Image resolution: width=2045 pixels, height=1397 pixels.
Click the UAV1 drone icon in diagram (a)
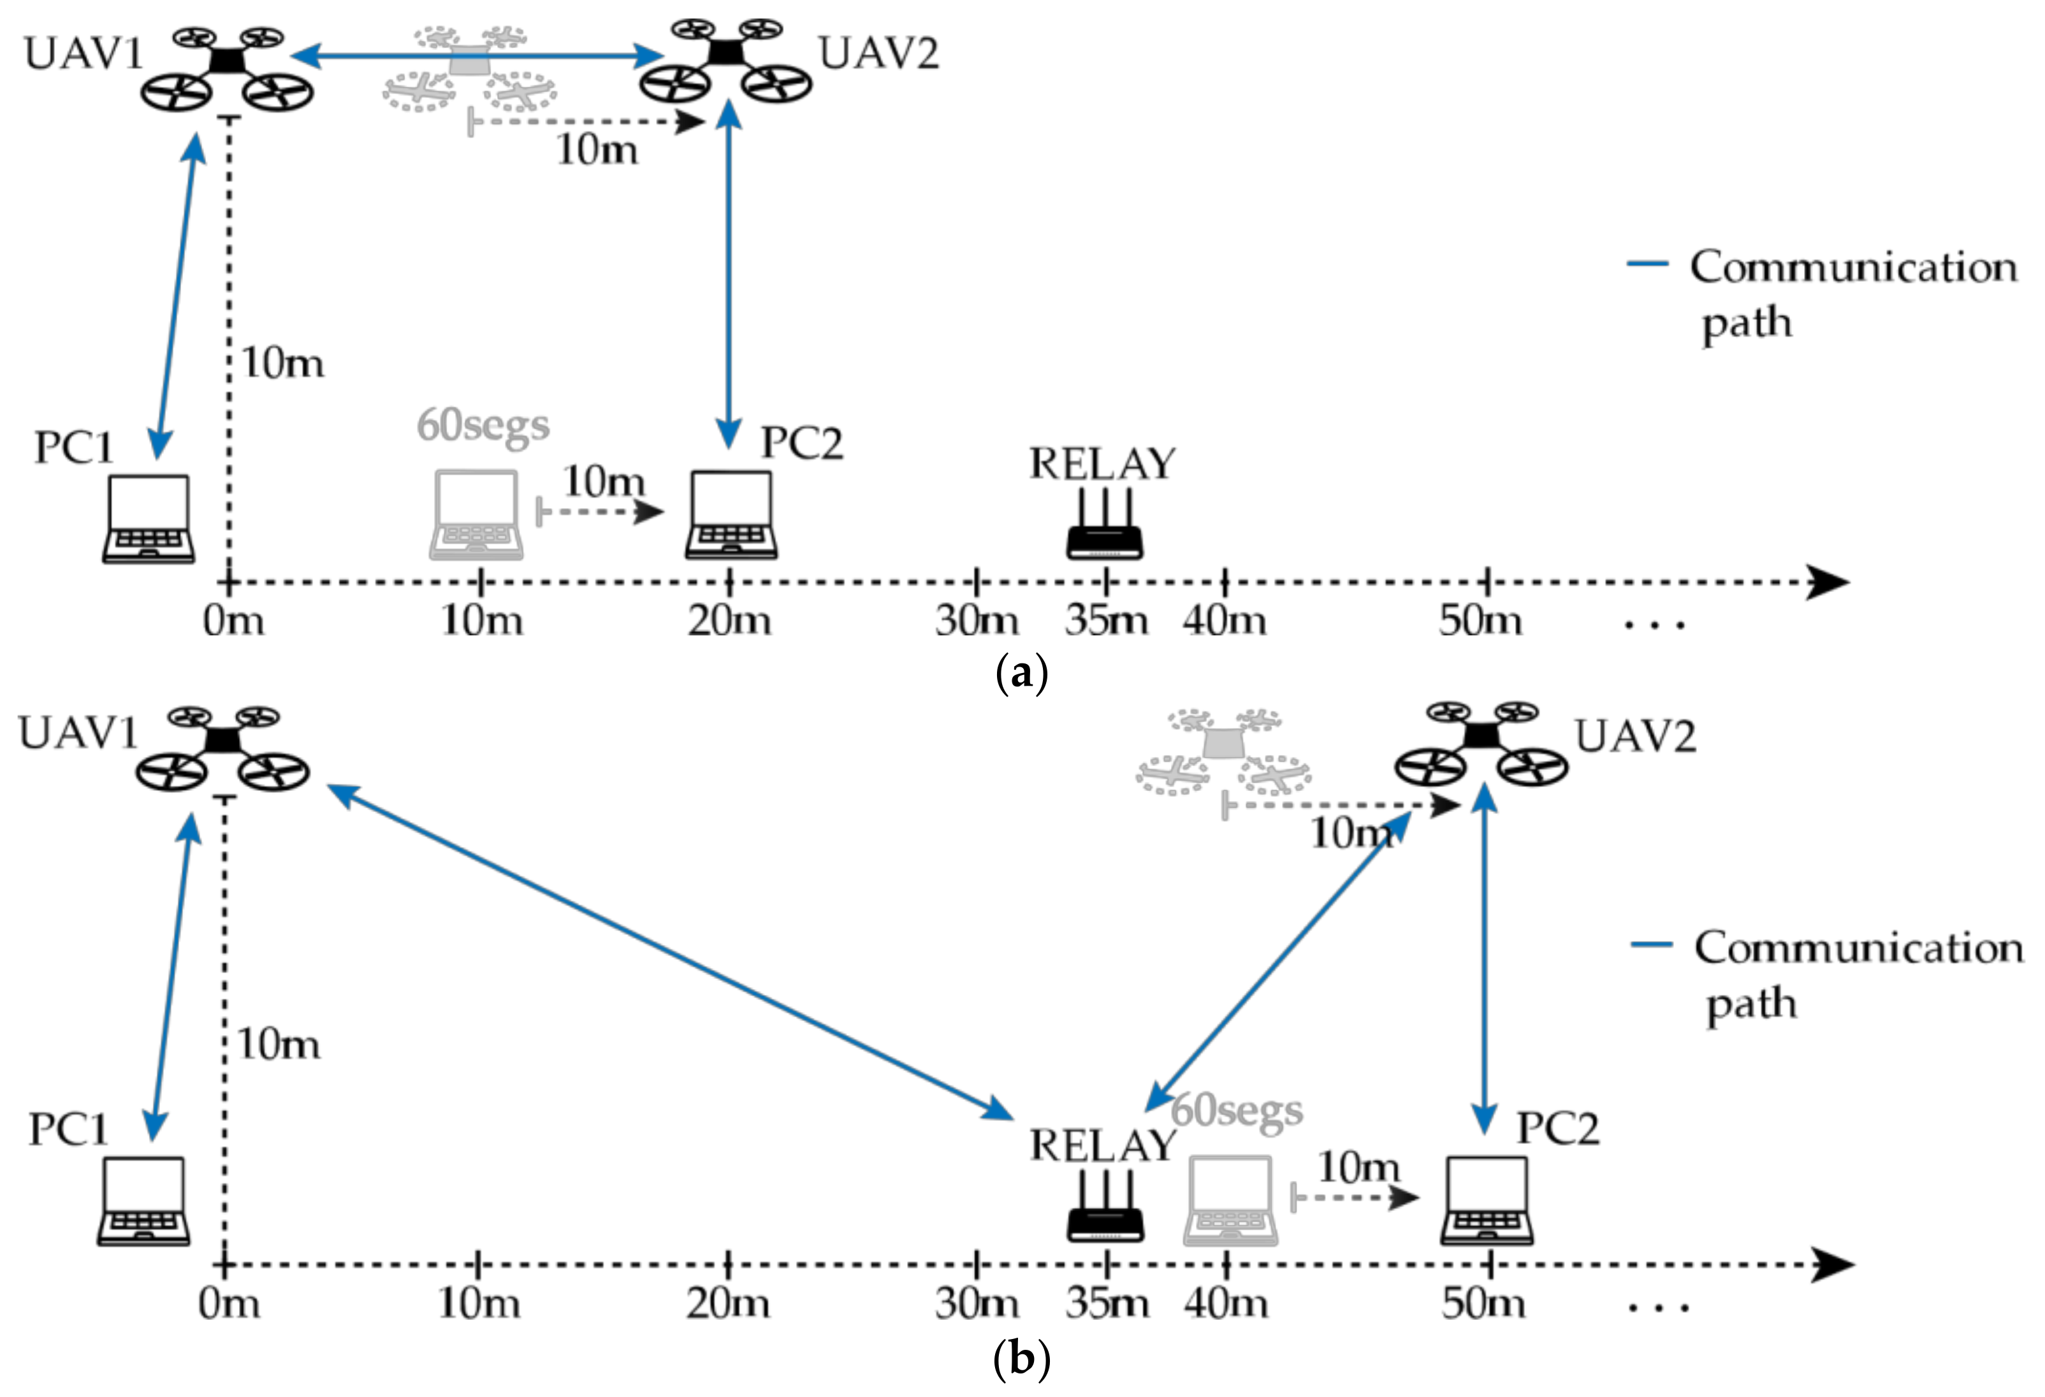(x=227, y=70)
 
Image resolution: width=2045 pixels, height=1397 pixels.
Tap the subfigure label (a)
(x=1021, y=676)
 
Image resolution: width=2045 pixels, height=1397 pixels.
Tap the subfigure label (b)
(x=1021, y=1359)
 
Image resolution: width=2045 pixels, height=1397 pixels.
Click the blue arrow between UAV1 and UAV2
(x=475, y=56)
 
